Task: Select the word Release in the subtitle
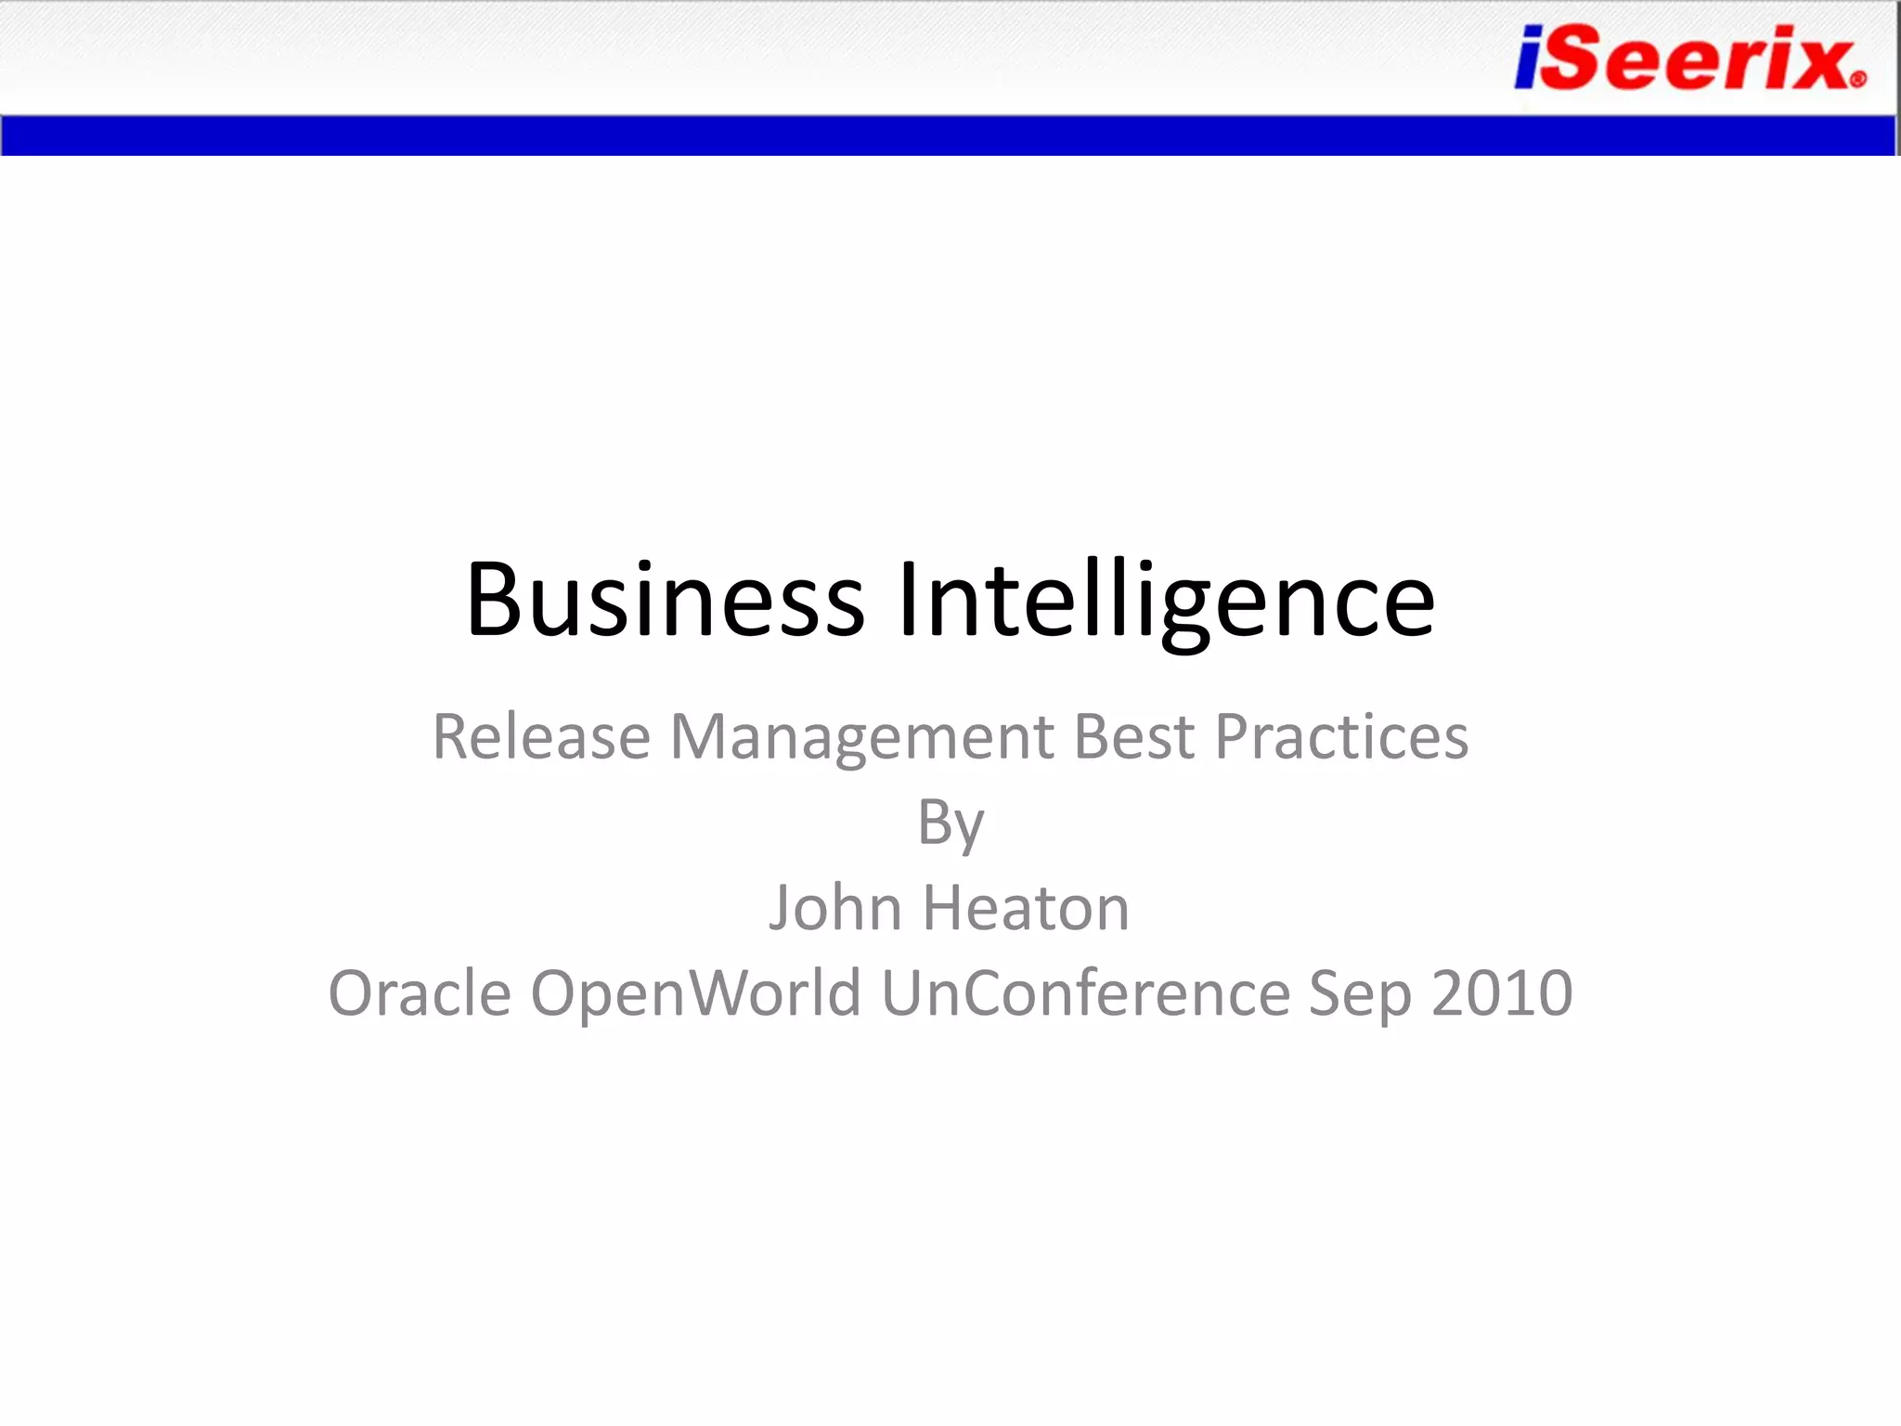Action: pyautogui.click(x=541, y=737)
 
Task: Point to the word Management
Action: pyautogui.click(x=861, y=737)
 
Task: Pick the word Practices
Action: pyautogui.click(x=1341, y=737)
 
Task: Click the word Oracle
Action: pyautogui.click(x=420, y=993)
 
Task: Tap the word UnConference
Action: pyautogui.click(x=1085, y=993)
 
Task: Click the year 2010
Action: pyautogui.click(x=1502, y=993)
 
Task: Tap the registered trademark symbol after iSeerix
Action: pyautogui.click(x=1857, y=80)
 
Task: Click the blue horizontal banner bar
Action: pyautogui.click(x=947, y=136)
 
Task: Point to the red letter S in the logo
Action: pyautogui.click(x=1578, y=58)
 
